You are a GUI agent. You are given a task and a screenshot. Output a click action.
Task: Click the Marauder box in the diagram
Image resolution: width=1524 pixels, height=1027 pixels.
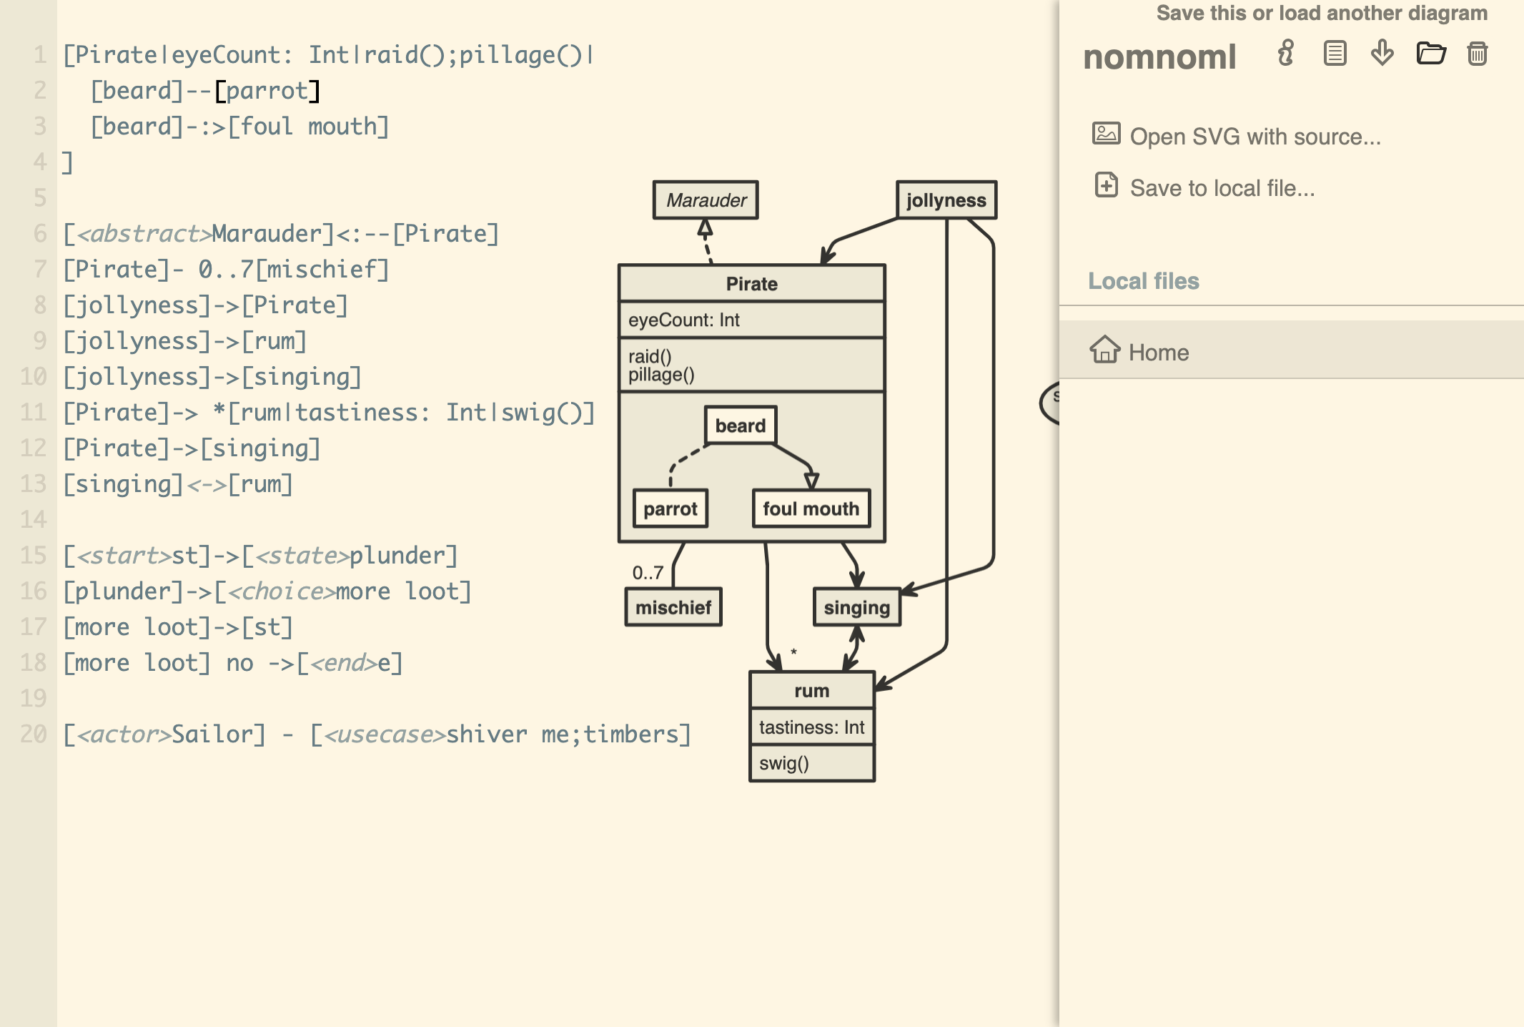click(706, 200)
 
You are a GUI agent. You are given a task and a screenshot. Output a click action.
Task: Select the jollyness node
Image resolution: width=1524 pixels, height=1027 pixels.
click(946, 200)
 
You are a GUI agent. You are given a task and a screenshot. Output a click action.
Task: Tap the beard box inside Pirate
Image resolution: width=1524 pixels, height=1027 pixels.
click(740, 426)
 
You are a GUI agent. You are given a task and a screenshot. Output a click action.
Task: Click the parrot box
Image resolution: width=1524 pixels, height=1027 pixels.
click(670, 508)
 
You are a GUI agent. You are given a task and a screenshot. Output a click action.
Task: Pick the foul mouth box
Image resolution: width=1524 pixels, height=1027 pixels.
click(811, 508)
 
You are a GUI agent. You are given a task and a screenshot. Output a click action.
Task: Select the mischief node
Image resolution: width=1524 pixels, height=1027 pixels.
click(673, 607)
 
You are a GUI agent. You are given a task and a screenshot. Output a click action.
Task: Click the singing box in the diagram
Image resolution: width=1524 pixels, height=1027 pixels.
click(856, 607)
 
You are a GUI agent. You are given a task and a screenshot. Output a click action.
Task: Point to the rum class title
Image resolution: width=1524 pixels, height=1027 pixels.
click(811, 691)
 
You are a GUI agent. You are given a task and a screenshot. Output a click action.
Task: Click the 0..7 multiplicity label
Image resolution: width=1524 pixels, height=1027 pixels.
click(648, 572)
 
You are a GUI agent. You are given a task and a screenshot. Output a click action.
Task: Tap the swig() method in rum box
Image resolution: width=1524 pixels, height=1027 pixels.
click(783, 763)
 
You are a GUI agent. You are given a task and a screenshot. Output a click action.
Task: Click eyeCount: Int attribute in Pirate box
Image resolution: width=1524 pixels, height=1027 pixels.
click(683, 320)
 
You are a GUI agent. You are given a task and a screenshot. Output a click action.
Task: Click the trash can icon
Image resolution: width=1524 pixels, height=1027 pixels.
click(1477, 54)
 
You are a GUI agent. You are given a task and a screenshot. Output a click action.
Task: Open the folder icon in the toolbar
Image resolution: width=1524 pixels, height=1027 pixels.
click(1430, 54)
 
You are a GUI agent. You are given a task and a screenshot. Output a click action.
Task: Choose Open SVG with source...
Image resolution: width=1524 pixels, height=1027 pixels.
click(1255, 136)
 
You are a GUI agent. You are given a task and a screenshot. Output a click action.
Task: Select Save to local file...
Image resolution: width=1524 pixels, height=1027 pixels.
click(1222, 187)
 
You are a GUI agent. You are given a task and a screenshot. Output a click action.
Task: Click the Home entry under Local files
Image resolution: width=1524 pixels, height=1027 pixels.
click(1158, 352)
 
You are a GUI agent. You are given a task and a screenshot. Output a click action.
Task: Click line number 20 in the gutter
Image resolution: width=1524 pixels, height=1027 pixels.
click(34, 734)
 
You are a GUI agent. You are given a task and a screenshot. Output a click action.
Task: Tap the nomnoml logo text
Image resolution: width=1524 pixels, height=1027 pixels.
click(1159, 57)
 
